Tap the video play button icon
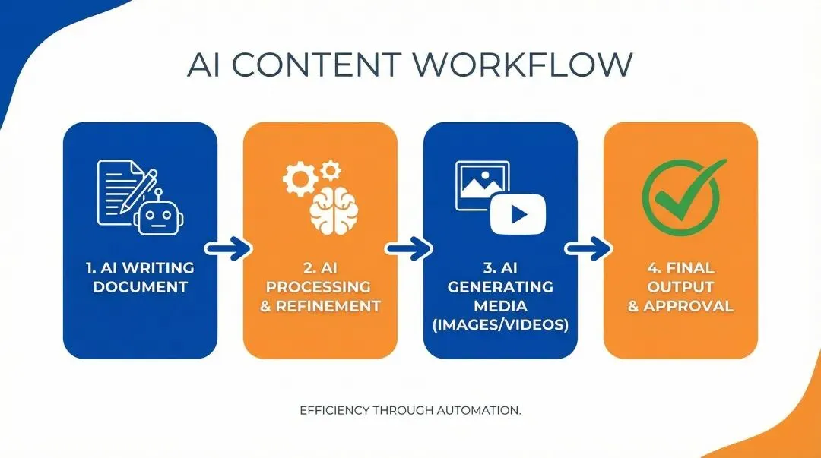click(518, 213)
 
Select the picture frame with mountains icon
click(482, 185)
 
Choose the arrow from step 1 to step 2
click(229, 248)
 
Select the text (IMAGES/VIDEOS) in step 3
click(500, 325)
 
